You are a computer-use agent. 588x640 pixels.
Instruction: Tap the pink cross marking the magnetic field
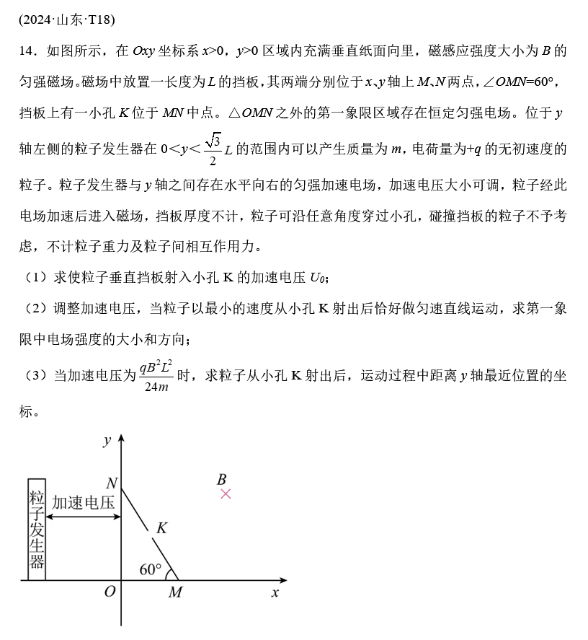tap(226, 494)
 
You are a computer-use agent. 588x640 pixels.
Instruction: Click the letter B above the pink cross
tap(222, 479)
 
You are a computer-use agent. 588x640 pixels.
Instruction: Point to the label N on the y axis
tap(112, 483)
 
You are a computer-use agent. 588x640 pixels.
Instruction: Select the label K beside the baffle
tap(162, 528)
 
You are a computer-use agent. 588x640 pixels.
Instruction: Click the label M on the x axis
tap(175, 592)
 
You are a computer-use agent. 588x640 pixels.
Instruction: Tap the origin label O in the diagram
tap(110, 592)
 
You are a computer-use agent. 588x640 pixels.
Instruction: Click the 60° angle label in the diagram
tap(151, 569)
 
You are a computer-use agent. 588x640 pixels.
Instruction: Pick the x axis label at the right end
tap(275, 592)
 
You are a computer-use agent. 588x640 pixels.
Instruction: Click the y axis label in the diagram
tap(107, 439)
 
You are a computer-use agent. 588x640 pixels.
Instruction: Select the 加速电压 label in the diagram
tap(84, 503)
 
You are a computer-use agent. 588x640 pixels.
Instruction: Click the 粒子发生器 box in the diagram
tap(37, 529)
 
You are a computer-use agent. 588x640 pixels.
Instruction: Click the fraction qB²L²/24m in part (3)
tap(156, 377)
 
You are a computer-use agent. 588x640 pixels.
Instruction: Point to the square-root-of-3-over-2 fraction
tap(212, 149)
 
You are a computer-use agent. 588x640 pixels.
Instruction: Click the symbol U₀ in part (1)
tap(318, 277)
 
